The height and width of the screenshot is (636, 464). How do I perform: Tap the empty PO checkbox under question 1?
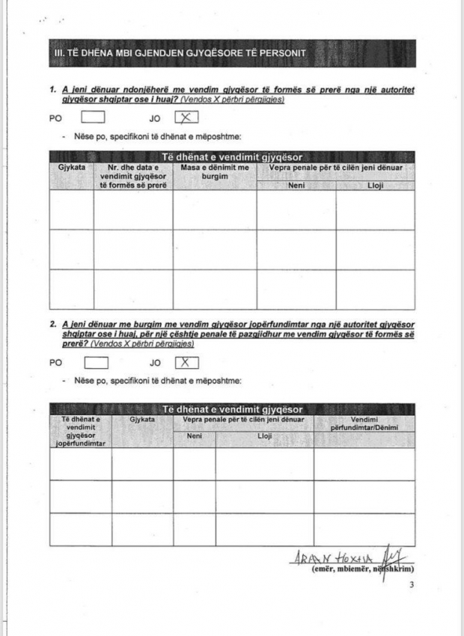(x=92, y=117)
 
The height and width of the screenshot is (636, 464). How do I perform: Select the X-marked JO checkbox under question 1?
(x=186, y=117)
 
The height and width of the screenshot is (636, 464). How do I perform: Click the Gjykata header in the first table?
(x=71, y=168)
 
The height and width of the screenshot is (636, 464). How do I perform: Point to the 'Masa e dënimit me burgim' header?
(x=214, y=171)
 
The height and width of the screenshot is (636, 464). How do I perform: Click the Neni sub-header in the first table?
(x=296, y=185)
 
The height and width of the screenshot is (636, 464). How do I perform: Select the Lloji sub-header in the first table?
(x=375, y=185)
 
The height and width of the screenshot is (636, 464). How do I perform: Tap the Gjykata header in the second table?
(x=142, y=420)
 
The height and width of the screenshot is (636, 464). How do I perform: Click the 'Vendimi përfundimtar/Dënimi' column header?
(x=364, y=423)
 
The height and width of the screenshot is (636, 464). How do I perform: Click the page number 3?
(x=411, y=584)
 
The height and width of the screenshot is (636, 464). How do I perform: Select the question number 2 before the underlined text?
(x=53, y=323)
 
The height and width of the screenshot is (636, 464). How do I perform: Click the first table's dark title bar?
(x=232, y=157)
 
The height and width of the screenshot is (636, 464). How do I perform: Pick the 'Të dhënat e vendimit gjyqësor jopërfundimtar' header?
(x=80, y=431)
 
